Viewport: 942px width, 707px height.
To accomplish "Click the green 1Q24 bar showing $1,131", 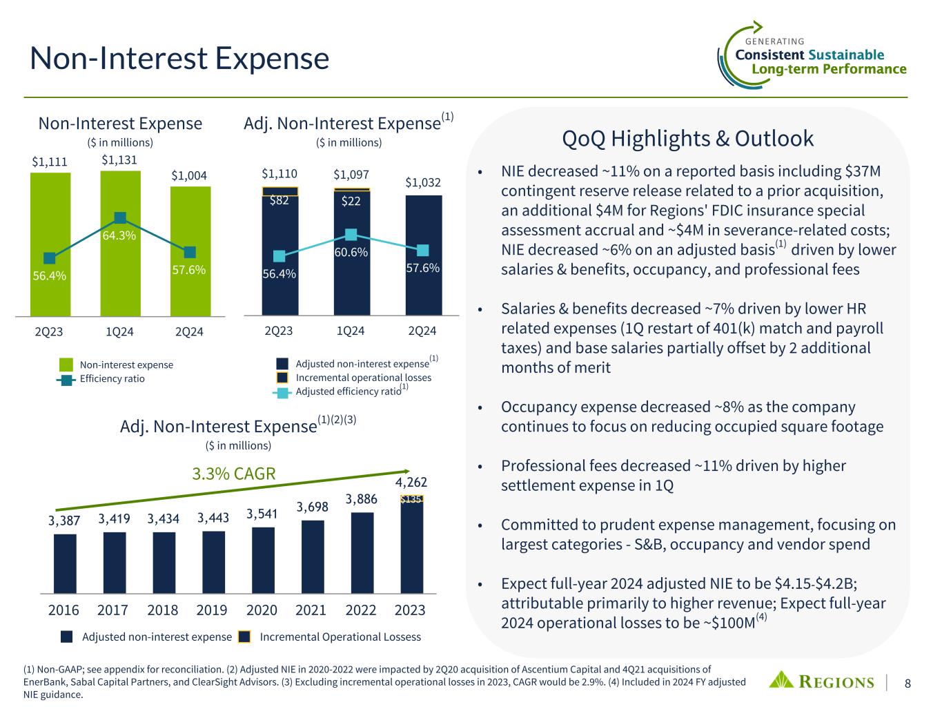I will (x=120, y=276).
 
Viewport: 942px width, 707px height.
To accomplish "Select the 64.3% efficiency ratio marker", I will (x=120, y=218).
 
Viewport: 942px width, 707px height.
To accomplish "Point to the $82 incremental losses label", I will (x=279, y=201).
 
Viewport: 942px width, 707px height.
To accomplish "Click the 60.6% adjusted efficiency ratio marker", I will (x=351, y=235).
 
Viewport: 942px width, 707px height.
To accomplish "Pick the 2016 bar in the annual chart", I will (x=65, y=563).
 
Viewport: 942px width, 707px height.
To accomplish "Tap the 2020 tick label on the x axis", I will (x=262, y=610).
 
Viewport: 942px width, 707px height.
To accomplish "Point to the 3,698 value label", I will (x=312, y=507).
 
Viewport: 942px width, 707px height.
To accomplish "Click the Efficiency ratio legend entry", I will (x=112, y=378).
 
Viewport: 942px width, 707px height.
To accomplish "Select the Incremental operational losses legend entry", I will (x=363, y=378).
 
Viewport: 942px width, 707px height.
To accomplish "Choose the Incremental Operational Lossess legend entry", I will (x=340, y=637).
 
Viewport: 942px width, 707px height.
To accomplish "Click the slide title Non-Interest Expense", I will (x=179, y=59).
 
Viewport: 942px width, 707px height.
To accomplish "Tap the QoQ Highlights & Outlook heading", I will (x=688, y=139).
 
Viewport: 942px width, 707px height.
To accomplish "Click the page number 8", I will (x=908, y=684).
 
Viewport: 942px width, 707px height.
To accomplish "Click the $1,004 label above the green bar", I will (x=190, y=176).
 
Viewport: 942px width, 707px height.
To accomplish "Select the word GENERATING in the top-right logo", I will (x=776, y=41).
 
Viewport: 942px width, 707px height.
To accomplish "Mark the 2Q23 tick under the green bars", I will (x=49, y=331).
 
